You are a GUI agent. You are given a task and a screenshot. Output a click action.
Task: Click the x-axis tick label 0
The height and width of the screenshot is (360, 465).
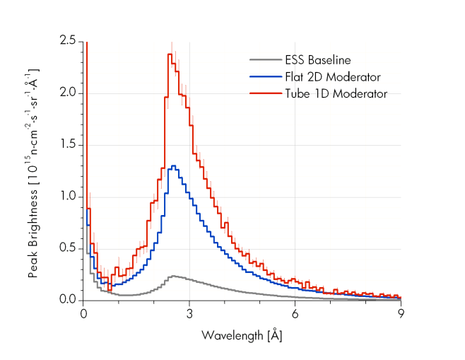[x=84, y=313]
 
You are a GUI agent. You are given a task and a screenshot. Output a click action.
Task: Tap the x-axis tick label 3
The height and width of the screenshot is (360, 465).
[x=189, y=313]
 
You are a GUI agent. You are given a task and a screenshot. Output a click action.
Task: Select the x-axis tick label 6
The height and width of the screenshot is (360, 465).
[x=295, y=313]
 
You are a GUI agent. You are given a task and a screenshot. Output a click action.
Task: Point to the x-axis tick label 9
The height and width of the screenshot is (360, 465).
[x=401, y=313]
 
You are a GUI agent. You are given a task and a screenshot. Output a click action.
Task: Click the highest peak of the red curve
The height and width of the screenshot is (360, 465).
[x=170, y=54]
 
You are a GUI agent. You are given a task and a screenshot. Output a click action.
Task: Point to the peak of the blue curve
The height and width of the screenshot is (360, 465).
[x=172, y=166]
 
